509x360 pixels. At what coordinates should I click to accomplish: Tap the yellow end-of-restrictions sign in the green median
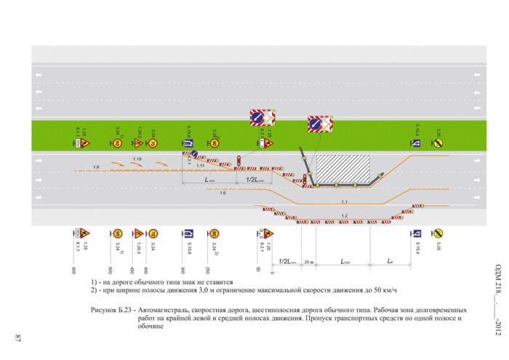pos(438,143)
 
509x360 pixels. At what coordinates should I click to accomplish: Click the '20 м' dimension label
pos(309,260)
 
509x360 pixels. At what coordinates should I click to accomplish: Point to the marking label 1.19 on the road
pos(137,159)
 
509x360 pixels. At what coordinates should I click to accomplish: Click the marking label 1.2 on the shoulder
pos(344,217)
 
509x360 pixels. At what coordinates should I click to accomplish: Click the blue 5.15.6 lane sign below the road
pos(188,233)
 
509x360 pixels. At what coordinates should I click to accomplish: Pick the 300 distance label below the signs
pos(183,270)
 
